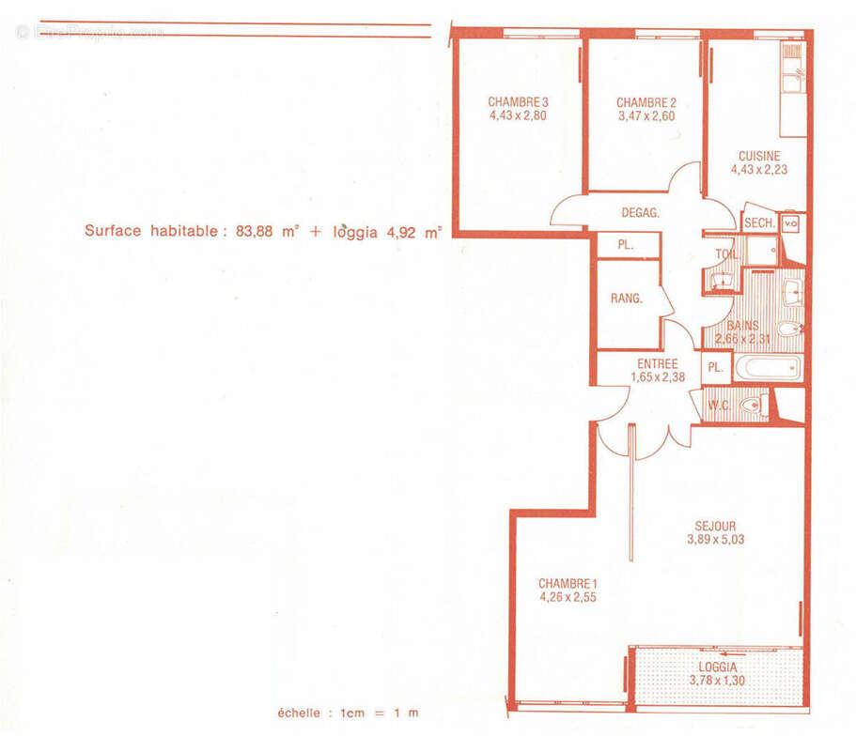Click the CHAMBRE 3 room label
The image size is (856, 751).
[x=518, y=102]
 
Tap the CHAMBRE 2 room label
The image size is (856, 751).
[x=646, y=102]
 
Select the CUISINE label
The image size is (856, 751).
[x=759, y=156]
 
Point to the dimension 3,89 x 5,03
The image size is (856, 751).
[x=715, y=540]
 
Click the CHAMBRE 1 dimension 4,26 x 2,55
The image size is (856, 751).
[x=568, y=597]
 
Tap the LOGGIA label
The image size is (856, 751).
[x=718, y=667]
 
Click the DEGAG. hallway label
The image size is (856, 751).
[x=641, y=213]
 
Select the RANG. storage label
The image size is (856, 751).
[x=626, y=299]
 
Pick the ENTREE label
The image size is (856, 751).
[x=658, y=364]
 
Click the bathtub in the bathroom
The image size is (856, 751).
[x=768, y=368]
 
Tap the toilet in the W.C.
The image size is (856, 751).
[x=754, y=406]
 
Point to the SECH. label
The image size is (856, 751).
[x=759, y=223]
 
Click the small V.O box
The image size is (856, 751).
[x=790, y=223]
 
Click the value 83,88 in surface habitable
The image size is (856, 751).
[x=254, y=231]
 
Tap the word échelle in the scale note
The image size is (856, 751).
[x=299, y=713]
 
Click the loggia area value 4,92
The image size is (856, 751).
[x=401, y=233]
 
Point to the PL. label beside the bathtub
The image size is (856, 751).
[x=715, y=368]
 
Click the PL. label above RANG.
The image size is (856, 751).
[x=625, y=245]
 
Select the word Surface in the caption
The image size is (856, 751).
[x=113, y=230]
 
